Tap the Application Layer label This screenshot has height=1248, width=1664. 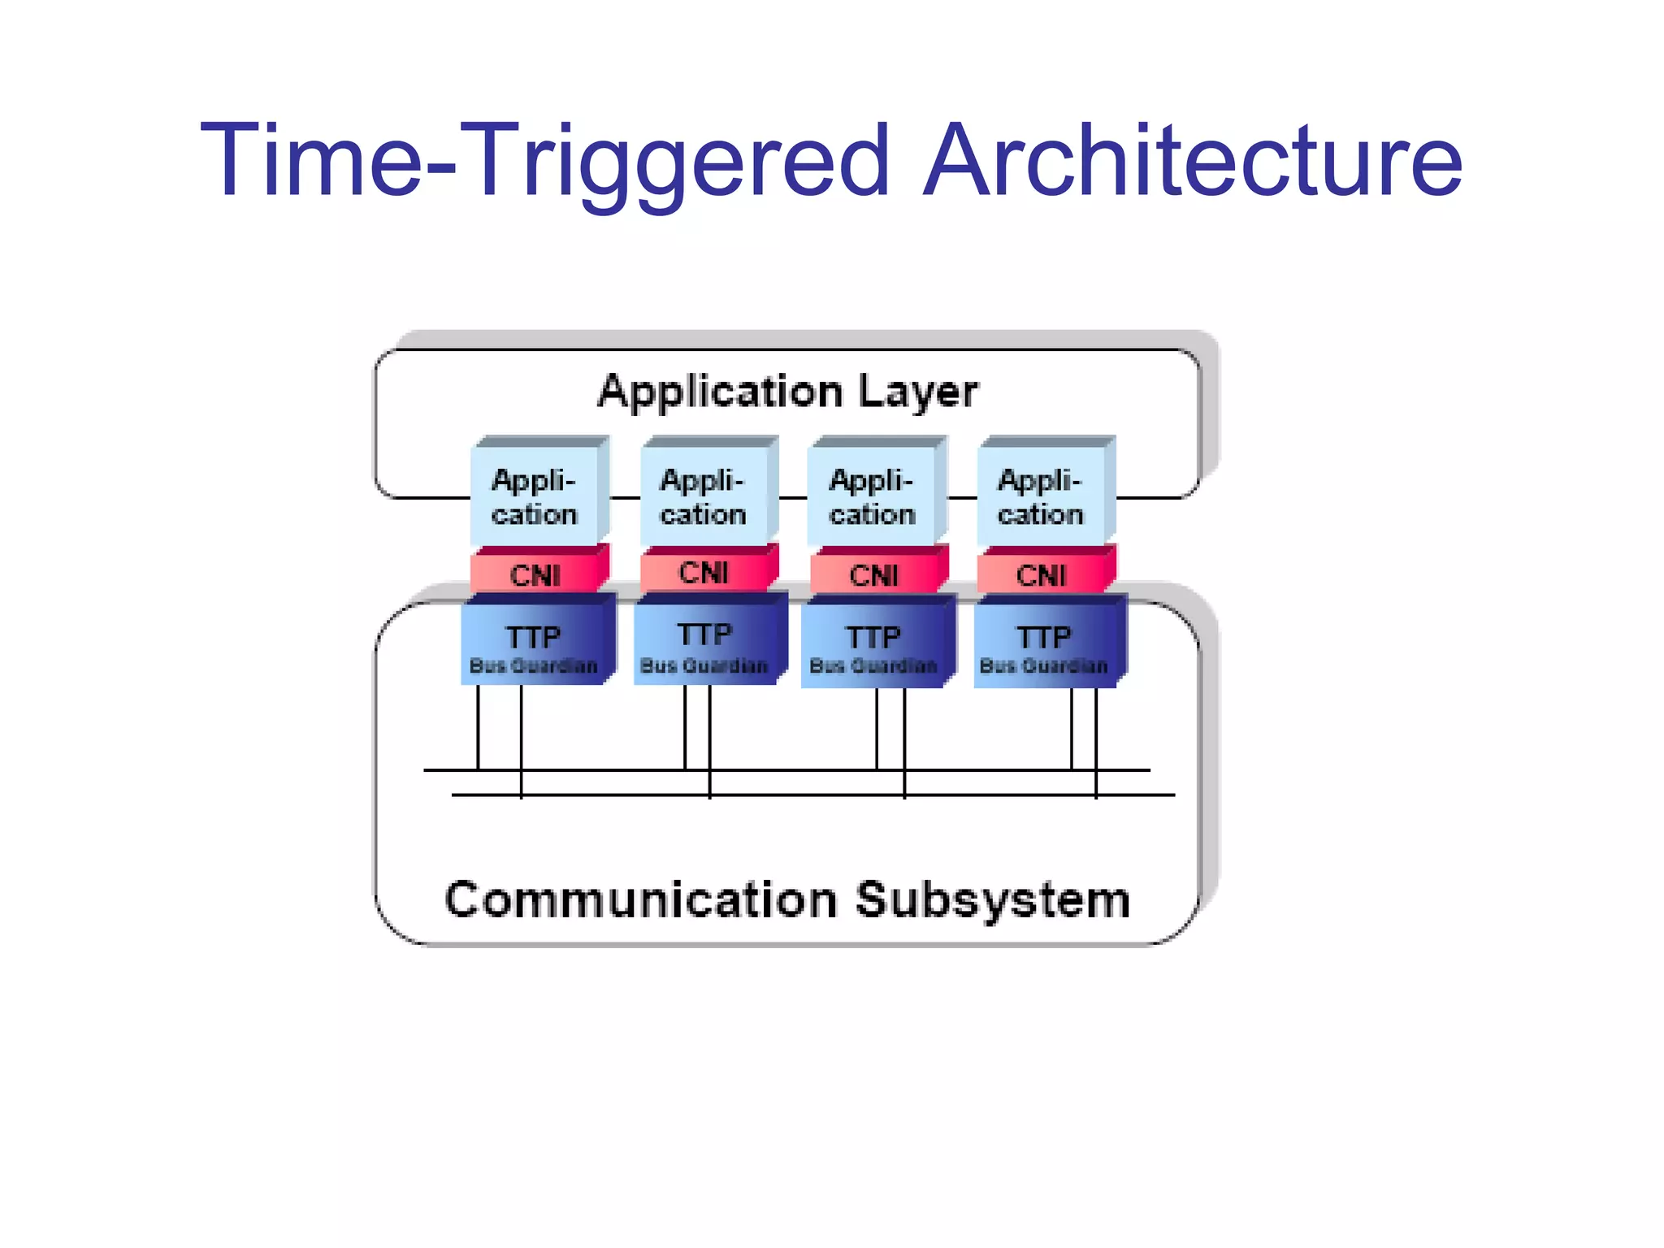point(787,392)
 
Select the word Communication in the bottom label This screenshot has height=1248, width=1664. point(641,900)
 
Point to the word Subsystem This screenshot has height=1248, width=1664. point(992,900)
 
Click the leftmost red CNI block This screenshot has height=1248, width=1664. point(535,574)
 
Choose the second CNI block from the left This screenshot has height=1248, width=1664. point(704,572)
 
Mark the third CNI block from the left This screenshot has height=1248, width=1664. point(873,574)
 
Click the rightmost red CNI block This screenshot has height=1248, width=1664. point(1041,574)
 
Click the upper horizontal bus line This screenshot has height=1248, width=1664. point(787,769)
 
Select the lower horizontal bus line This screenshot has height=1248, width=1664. point(812,795)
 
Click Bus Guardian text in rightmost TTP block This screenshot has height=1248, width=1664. point(1043,666)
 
